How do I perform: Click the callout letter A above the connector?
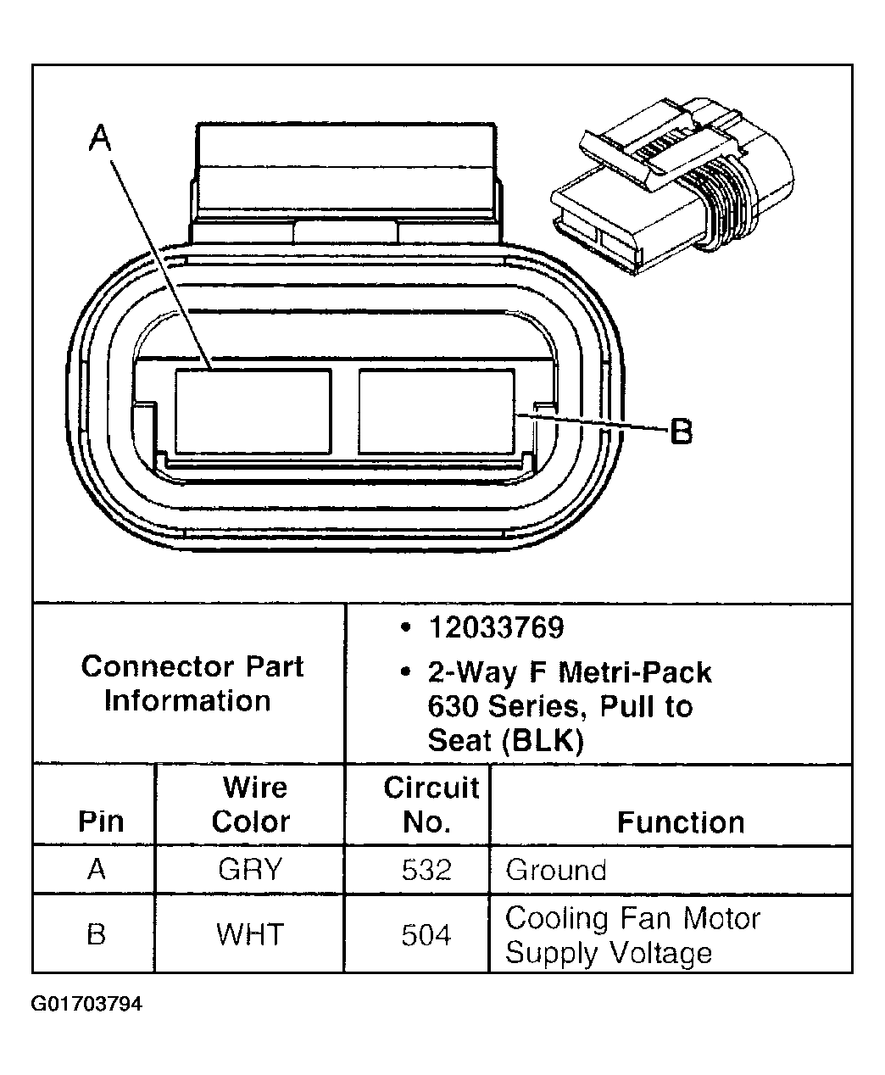point(101,137)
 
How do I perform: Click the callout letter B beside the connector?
point(681,432)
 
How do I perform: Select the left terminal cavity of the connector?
point(252,411)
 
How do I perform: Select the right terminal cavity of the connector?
point(437,411)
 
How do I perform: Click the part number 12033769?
point(496,628)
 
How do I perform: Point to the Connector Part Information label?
point(192,683)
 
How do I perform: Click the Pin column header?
point(100,822)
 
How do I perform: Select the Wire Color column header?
point(252,805)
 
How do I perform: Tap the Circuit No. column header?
point(431,805)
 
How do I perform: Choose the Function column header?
point(680,822)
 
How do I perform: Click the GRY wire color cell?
point(250,870)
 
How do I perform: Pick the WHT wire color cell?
point(250,934)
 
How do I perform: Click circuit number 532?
point(426,870)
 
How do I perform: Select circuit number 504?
point(426,935)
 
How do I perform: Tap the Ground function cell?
point(556,870)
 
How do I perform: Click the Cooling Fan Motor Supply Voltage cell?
point(632,935)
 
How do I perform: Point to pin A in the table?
point(97,870)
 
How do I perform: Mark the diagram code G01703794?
point(86,1005)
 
